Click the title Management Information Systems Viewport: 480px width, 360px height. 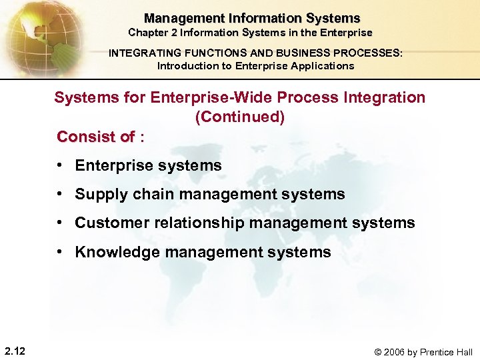[x=252, y=19]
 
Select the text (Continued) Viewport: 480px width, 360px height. [x=239, y=117]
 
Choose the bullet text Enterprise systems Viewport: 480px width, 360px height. [x=148, y=165]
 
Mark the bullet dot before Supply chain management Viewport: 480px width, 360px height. [x=61, y=194]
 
